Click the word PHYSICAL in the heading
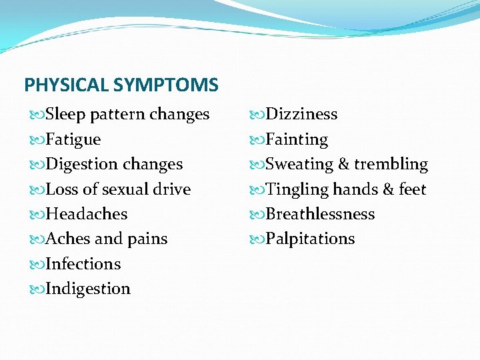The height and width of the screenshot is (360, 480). point(67,85)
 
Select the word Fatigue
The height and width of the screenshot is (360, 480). point(73,139)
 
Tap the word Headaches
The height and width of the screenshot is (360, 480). point(87,214)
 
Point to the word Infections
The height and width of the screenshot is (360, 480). point(83,264)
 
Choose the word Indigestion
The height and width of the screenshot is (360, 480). point(88,289)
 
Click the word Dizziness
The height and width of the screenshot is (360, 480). point(301,114)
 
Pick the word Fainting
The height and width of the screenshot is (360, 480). point(297,139)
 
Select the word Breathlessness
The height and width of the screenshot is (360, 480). point(320,214)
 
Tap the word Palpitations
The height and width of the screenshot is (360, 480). point(310,239)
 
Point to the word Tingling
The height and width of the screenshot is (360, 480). point(297,190)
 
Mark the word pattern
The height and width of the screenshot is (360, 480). point(117,115)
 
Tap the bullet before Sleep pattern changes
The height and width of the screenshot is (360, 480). point(36,115)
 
